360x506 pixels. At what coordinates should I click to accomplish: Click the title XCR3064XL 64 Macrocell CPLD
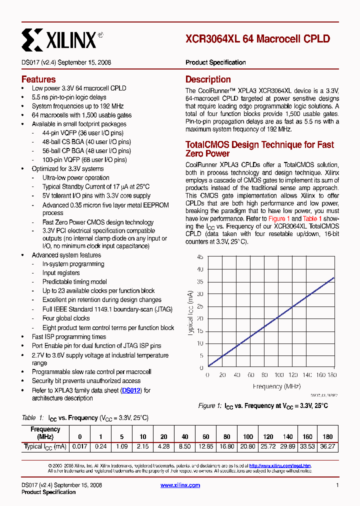coord(257,39)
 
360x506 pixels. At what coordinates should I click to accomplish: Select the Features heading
coord(38,79)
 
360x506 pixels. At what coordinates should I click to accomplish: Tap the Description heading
coord(208,79)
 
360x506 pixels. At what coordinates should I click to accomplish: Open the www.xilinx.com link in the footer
coord(180,485)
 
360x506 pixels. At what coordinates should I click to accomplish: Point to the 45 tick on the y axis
coord(199,257)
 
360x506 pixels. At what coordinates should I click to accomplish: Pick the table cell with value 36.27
coord(328,446)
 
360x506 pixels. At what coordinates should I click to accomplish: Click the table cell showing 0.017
coord(79,446)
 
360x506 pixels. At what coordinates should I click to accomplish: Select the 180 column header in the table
coord(328,436)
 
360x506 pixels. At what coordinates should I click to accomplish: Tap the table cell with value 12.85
coord(206,446)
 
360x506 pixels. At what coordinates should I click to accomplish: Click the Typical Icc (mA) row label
coord(45,446)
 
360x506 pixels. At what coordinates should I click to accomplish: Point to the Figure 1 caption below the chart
coord(263,405)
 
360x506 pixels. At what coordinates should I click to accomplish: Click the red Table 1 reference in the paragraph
coord(313,219)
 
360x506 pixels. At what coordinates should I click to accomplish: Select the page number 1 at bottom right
coord(337,485)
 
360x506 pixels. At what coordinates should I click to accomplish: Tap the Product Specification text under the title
coord(215,62)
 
